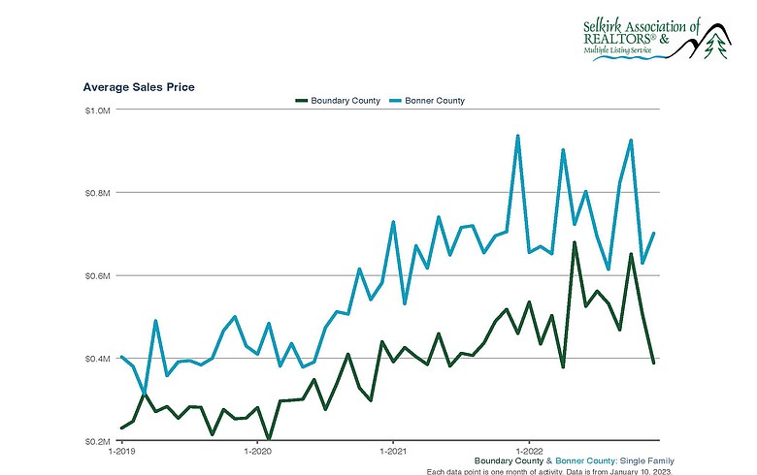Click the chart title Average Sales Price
pos(139,87)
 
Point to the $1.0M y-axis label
pos(97,111)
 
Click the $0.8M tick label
pos(97,193)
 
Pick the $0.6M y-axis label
pos(97,276)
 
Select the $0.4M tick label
pos(97,359)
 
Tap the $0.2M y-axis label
pos(97,441)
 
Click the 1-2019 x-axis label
pos(122,453)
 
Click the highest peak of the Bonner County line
pos(517,136)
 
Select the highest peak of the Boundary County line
pos(575,242)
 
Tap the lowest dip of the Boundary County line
pos(268,439)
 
